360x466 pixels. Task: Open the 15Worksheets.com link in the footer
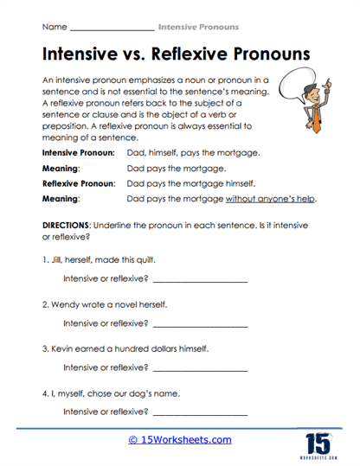click(180, 440)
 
